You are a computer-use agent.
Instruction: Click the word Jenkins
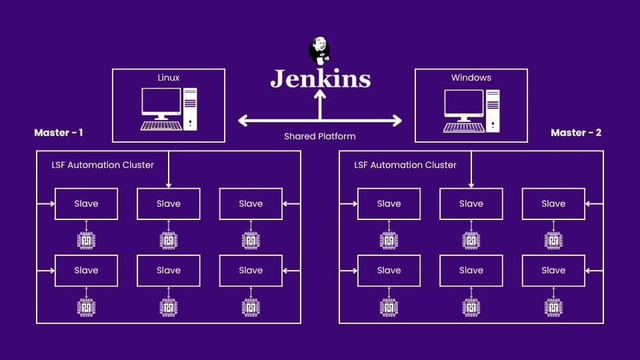pyautogui.click(x=320, y=79)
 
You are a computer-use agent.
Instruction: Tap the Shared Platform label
pyautogui.click(x=320, y=136)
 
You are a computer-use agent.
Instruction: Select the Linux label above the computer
pyautogui.click(x=169, y=78)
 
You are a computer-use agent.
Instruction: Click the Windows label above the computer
pyautogui.click(x=471, y=78)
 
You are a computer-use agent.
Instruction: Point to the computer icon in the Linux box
pyautogui.click(x=169, y=109)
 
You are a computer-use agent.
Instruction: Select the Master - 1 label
pyautogui.click(x=59, y=133)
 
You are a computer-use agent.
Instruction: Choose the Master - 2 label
pyautogui.click(x=576, y=133)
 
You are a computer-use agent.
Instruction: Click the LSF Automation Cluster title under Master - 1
pyautogui.click(x=103, y=165)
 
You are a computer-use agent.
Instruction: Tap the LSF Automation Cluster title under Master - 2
pyautogui.click(x=405, y=165)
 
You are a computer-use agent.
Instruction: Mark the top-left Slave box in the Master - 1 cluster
pyautogui.click(x=86, y=204)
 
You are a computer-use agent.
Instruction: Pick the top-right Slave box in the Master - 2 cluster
pyautogui.click(x=553, y=204)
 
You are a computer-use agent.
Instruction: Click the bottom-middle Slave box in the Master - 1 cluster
pyautogui.click(x=169, y=271)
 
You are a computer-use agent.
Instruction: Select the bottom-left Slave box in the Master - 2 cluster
pyautogui.click(x=389, y=271)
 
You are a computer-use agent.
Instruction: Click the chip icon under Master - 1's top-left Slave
pyautogui.click(x=86, y=240)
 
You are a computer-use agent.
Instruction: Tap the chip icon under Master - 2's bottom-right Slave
pyautogui.click(x=553, y=307)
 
